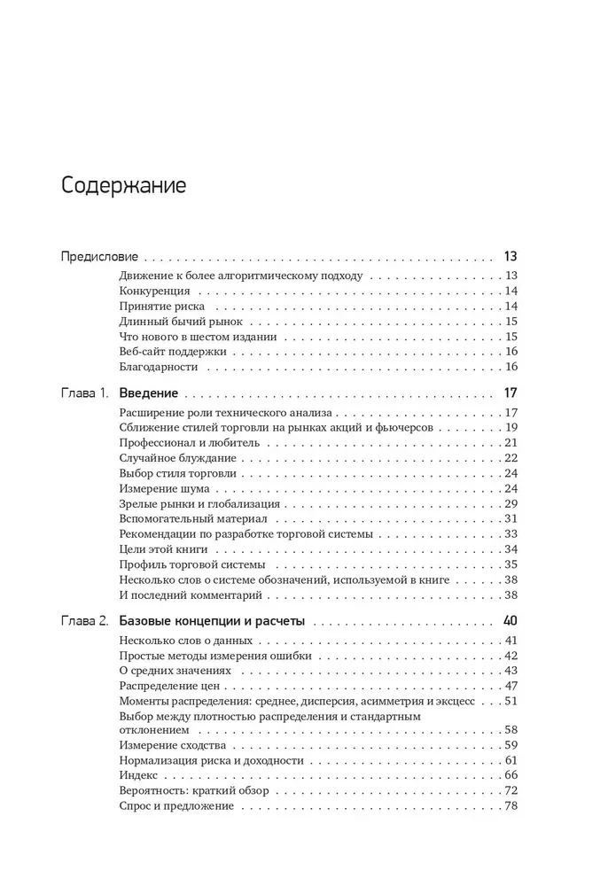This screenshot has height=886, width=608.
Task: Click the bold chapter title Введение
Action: point(149,393)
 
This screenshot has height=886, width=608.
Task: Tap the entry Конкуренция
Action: point(153,291)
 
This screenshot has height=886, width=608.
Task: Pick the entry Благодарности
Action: point(157,367)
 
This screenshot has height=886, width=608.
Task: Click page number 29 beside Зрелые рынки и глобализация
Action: point(511,503)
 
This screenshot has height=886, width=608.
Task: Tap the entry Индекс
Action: point(137,775)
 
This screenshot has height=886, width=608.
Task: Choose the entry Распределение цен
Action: point(168,685)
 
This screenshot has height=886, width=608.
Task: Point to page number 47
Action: point(511,685)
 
